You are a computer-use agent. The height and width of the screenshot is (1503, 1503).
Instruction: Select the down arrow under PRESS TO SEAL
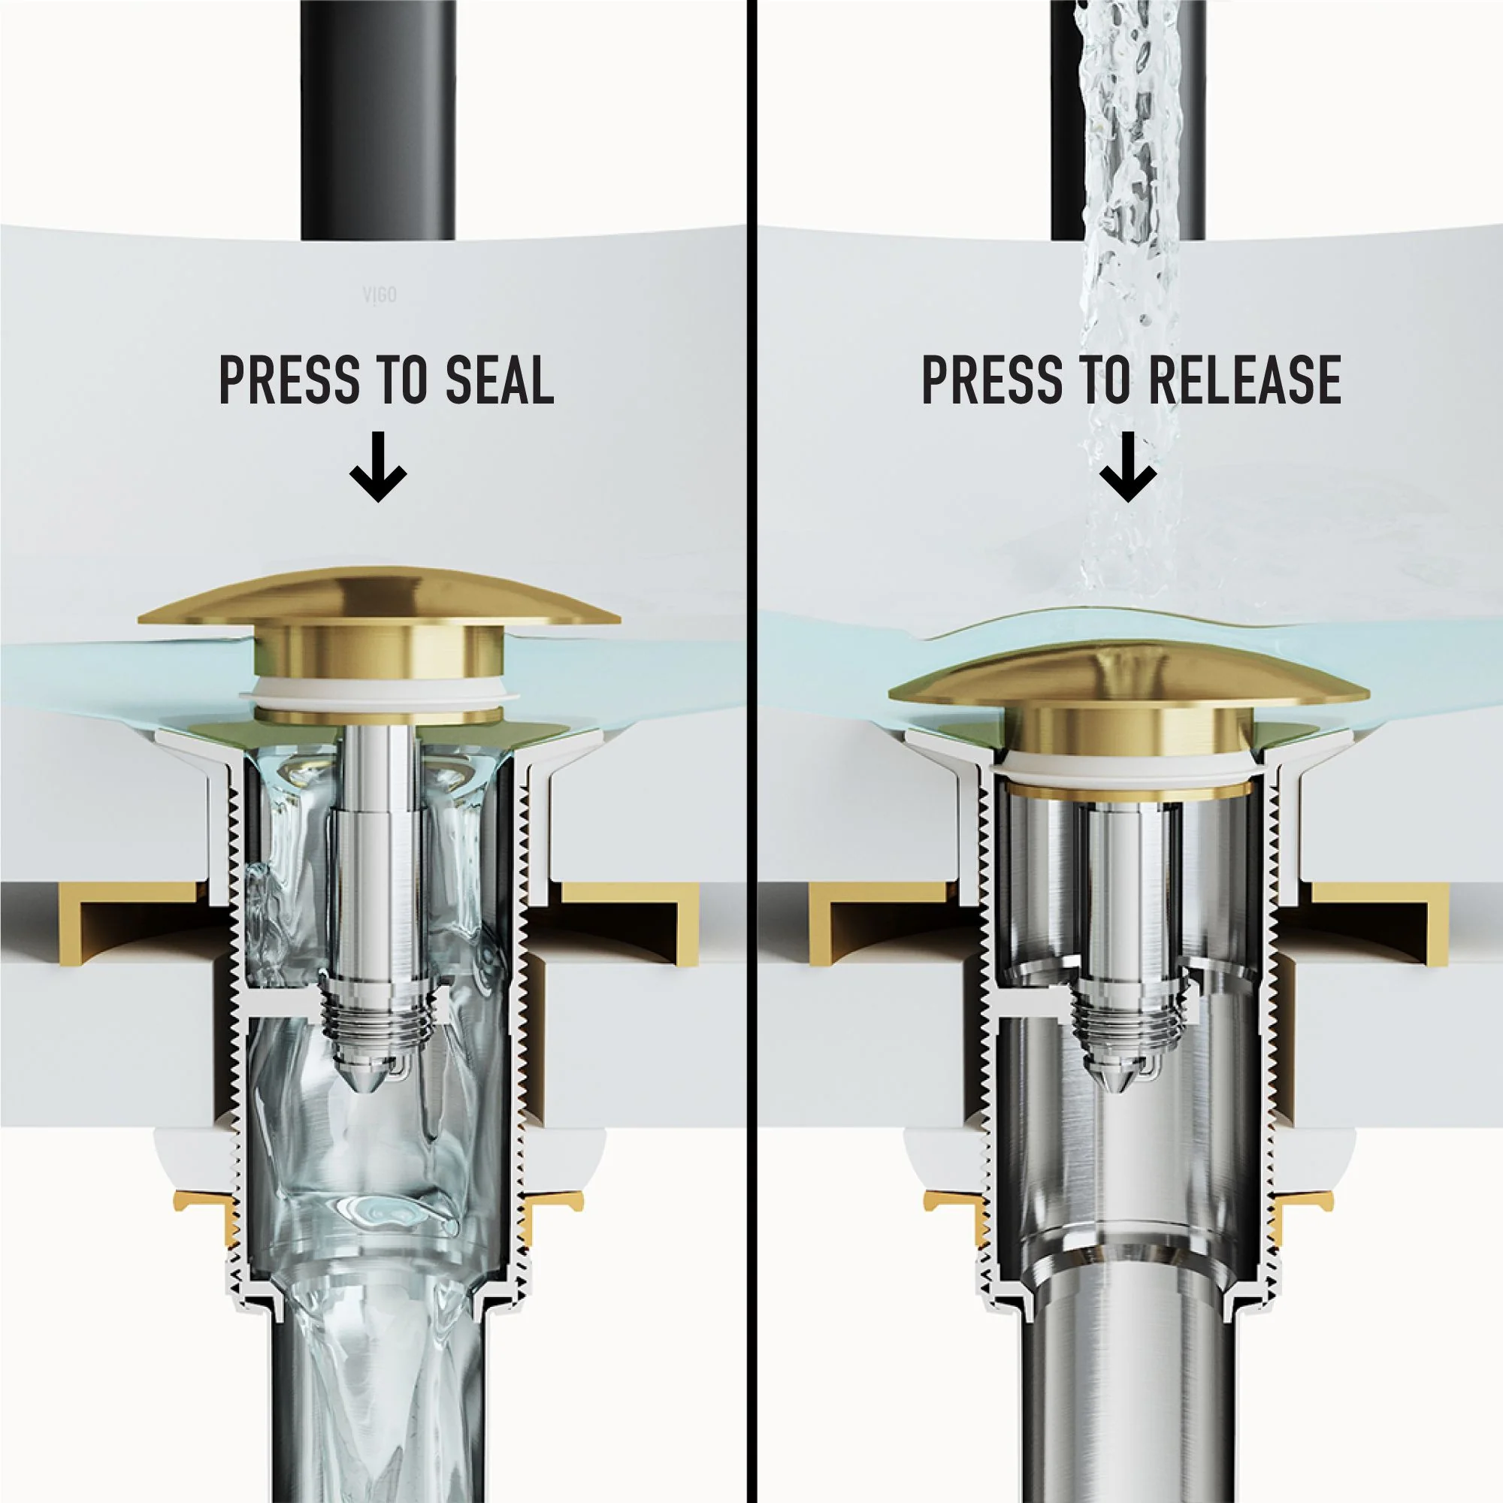tap(378, 473)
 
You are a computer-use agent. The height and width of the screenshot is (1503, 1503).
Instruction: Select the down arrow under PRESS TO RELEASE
tap(1129, 473)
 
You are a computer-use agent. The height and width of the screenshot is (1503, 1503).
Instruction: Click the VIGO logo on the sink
tap(380, 295)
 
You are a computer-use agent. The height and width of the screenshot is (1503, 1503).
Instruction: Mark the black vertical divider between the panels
tap(751, 751)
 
